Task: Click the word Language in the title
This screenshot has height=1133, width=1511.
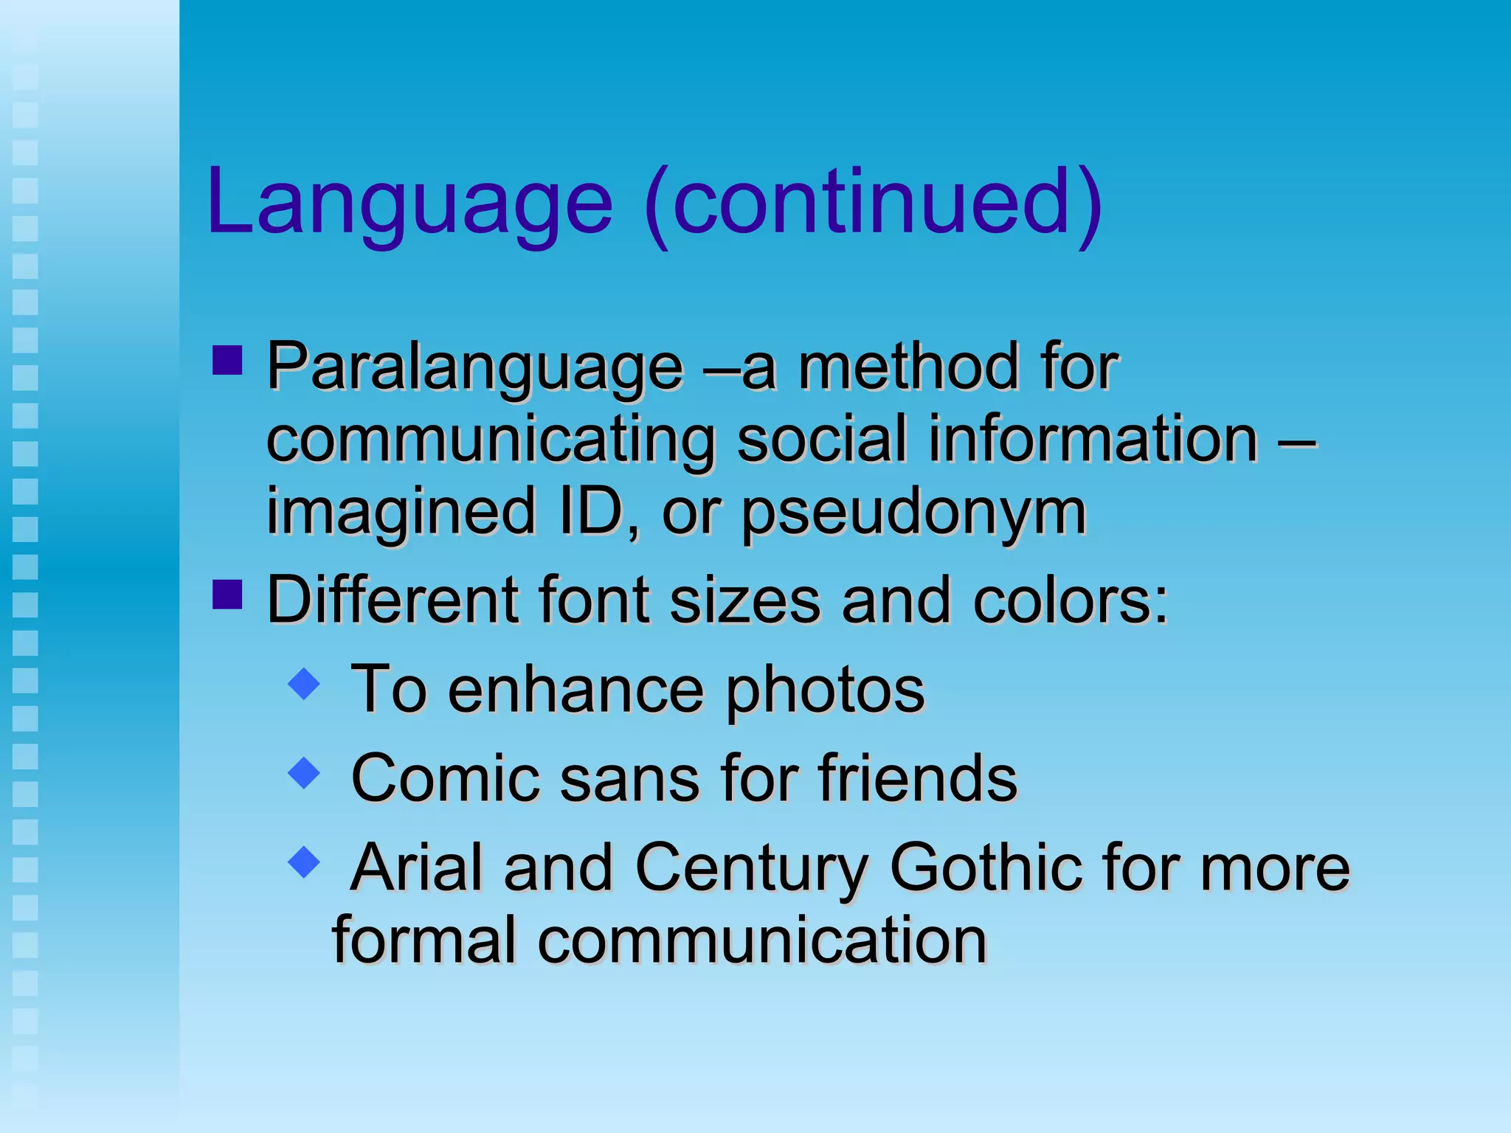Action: (x=409, y=203)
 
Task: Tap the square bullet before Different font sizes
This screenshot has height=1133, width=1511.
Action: (x=227, y=595)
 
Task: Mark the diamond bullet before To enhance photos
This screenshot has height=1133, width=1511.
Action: (x=304, y=684)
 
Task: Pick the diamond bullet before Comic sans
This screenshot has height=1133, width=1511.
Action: (x=304, y=772)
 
